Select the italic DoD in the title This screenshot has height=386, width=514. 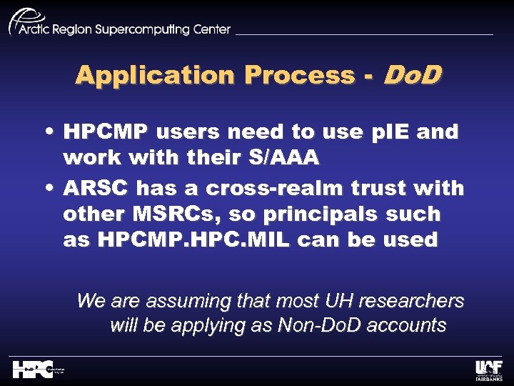pyautogui.click(x=412, y=74)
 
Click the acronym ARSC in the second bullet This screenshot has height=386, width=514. pyautogui.click(x=96, y=189)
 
